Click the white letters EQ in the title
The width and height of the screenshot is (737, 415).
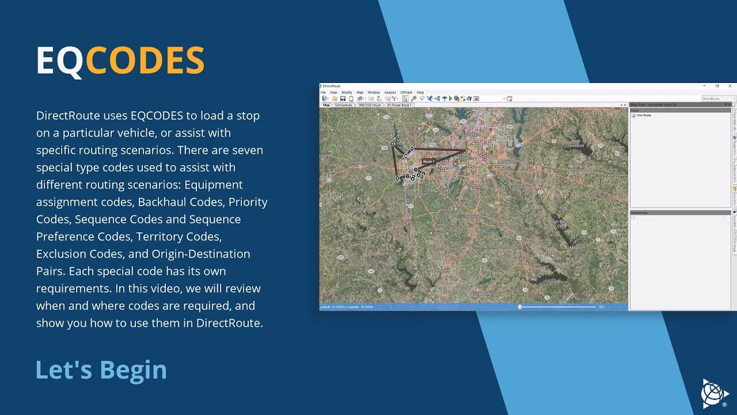tap(60, 61)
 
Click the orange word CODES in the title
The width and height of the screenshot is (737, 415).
tap(145, 61)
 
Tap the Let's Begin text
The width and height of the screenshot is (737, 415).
tap(101, 369)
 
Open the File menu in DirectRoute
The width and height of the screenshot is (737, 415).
tap(323, 92)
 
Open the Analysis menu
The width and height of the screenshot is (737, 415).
tap(390, 92)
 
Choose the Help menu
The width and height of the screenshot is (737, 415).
tap(420, 92)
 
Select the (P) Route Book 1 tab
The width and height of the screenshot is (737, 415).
tap(399, 105)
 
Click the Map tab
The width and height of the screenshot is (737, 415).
tap(326, 105)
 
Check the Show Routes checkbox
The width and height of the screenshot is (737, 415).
tap(634, 116)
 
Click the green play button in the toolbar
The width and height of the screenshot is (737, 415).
tap(450, 99)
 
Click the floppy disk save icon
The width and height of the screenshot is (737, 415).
tap(343, 99)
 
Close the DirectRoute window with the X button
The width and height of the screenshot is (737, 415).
tap(730, 86)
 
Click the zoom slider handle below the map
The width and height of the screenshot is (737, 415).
tap(519, 307)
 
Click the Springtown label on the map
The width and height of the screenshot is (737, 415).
tap(374, 132)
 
